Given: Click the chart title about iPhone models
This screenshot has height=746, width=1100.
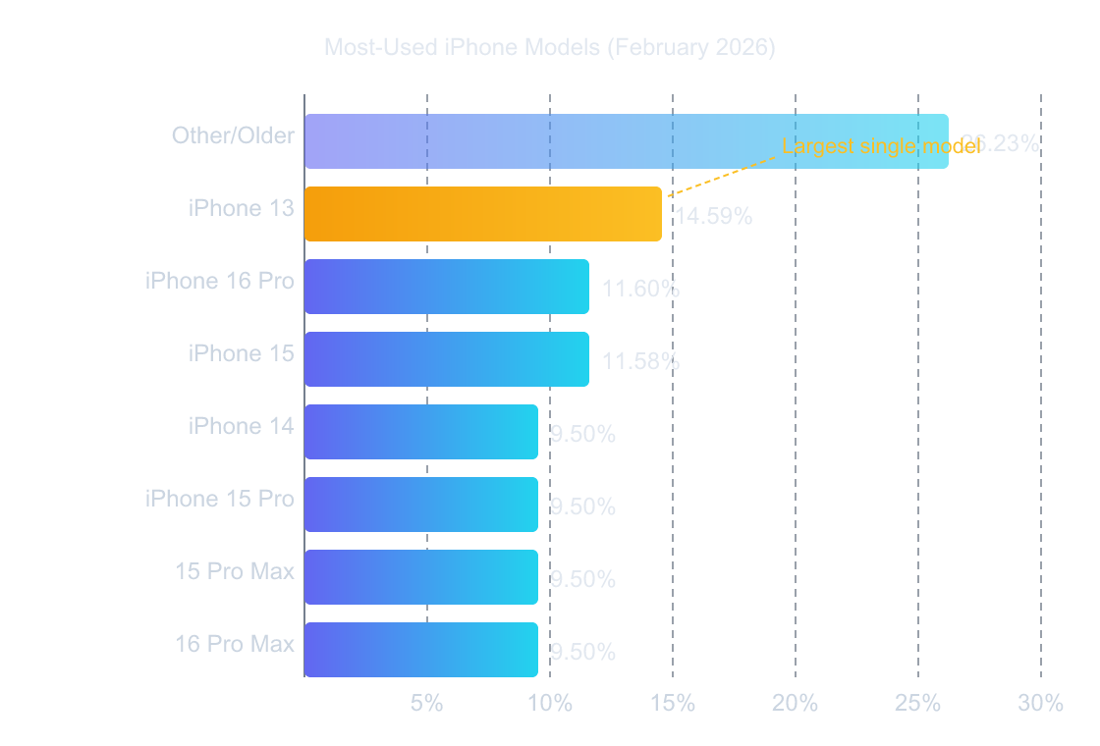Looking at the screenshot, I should click(549, 47).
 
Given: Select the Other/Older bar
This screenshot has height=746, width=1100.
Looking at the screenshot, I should click(626, 141).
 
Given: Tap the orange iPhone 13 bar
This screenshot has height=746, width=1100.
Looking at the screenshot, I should click(482, 214).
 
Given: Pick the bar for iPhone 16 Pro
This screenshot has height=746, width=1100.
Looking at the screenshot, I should click(446, 287).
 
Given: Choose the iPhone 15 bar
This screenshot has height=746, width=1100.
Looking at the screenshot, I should click(446, 359).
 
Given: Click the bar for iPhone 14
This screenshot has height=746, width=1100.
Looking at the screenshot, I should click(420, 432).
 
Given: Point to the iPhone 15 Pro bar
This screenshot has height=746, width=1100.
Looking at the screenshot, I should click(420, 505).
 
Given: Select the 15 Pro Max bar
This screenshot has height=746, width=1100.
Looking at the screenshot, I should click(420, 577).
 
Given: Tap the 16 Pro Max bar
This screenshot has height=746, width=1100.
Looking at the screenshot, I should click(420, 650).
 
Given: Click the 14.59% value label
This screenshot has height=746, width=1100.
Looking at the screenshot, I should click(713, 216).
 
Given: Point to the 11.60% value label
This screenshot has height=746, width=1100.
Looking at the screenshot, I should click(640, 289).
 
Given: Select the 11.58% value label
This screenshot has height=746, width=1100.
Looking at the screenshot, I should click(640, 361).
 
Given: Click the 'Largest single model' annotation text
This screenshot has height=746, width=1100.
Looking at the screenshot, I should click(881, 146).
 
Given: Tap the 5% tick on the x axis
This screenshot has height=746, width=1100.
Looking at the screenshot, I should click(427, 703).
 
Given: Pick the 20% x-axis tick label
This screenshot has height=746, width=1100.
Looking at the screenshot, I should click(796, 703).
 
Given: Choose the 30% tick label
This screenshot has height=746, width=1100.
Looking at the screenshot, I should click(1041, 703).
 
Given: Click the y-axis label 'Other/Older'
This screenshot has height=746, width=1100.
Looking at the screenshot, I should click(233, 135).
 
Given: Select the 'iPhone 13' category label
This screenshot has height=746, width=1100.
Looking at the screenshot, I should click(242, 208).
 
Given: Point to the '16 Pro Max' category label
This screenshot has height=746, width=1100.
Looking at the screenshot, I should click(235, 644).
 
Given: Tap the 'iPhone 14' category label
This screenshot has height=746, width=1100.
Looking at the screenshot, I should click(242, 426).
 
